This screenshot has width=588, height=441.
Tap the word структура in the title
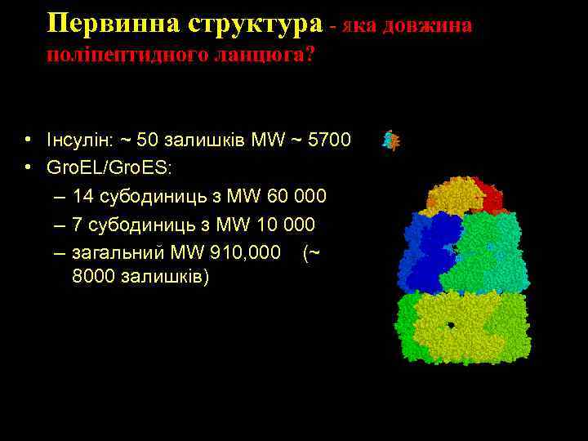tap(256, 24)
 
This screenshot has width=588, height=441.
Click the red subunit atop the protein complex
tap(490, 194)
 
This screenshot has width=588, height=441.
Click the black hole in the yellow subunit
tap(451, 325)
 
